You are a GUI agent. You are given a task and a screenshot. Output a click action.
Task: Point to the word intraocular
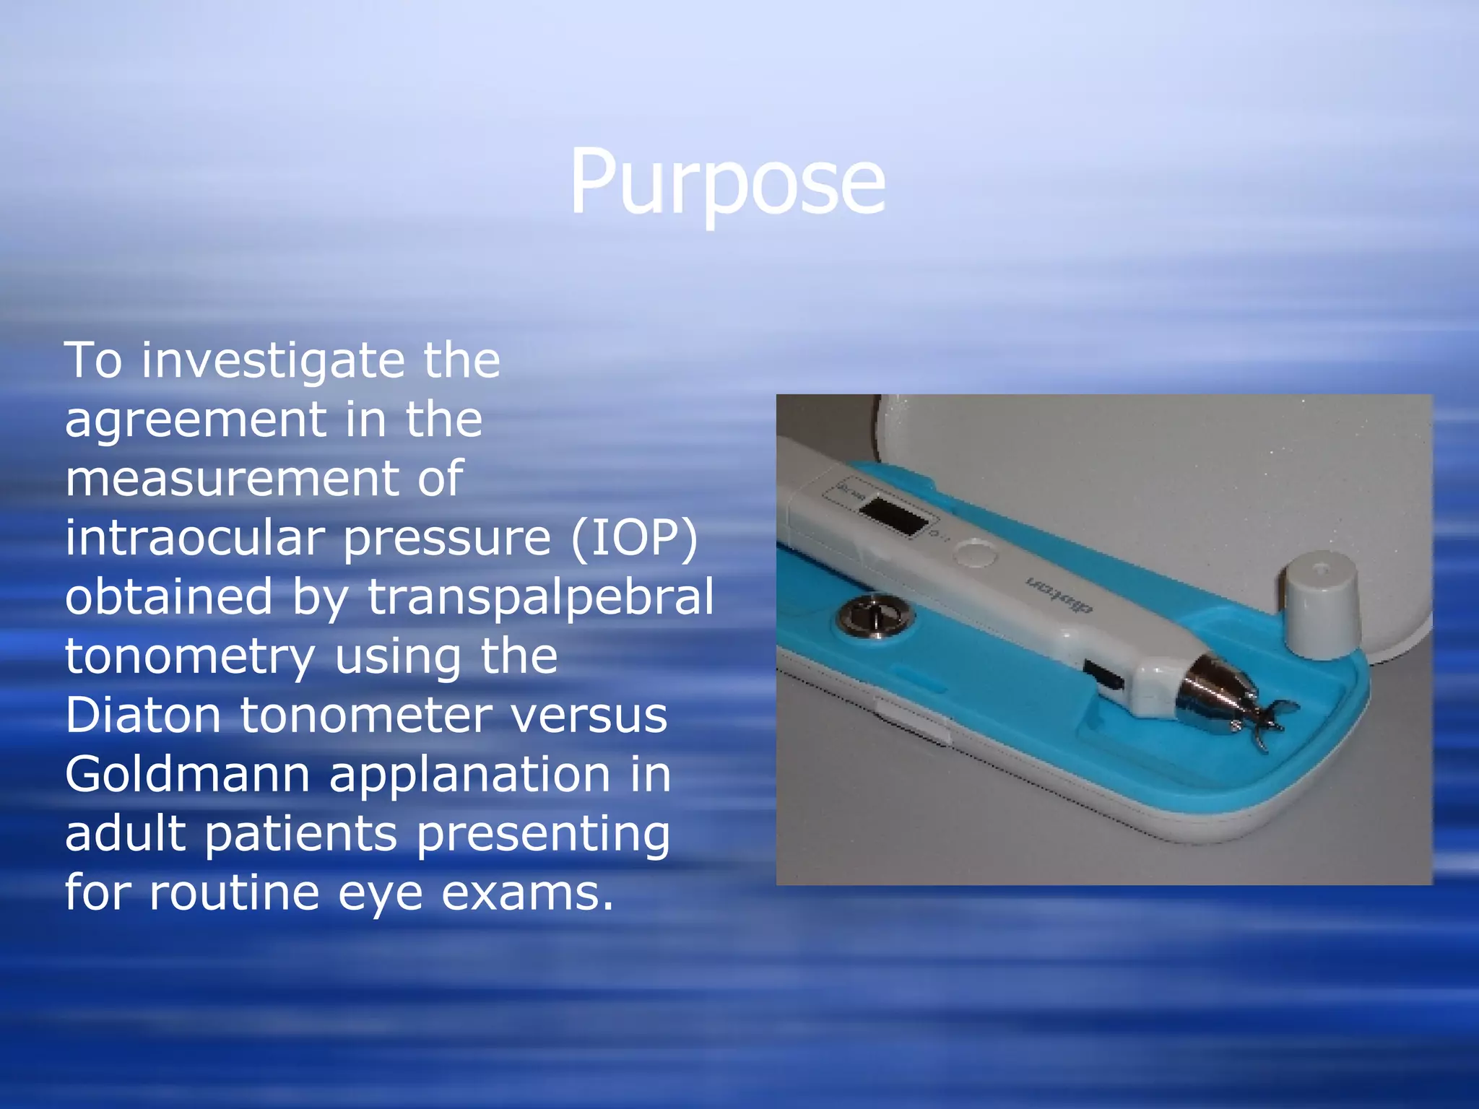pyautogui.click(x=194, y=539)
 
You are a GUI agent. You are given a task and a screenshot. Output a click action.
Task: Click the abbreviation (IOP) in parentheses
pyautogui.click(x=635, y=539)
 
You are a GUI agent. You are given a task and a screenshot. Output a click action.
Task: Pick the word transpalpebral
pyautogui.click(x=541, y=598)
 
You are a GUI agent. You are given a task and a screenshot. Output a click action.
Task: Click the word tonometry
pyautogui.click(x=190, y=657)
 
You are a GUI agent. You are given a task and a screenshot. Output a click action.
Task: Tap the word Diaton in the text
pyautogui.click(x=142, y=716)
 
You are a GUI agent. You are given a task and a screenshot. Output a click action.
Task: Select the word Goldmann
pyautogui.click(x=187, y=775)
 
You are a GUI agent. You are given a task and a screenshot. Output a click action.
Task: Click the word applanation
pyautogui.click(x=470, y=775)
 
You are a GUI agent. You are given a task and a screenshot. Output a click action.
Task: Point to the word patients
pyautogui.click(x=300, y=835)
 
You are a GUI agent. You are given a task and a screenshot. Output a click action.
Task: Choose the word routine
pyautogui.click(x=234, y=894)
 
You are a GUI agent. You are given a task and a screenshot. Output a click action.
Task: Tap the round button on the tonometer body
pyautogui.click(x=974, y=554)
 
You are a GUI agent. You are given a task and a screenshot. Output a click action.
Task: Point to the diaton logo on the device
pyautogui.click(x=1059, y=593)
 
